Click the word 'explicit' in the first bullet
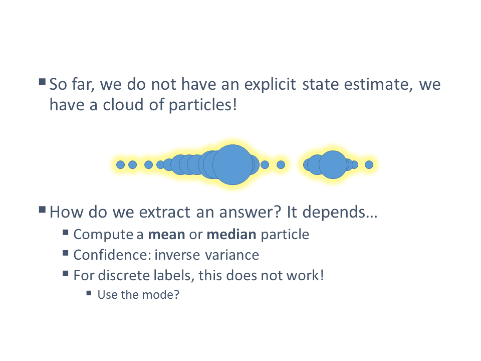pos(270,84)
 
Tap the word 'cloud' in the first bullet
pos(123,105)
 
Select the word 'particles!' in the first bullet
pos(203,105)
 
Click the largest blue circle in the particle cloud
pos(232,164)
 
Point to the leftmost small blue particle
pos(121,165)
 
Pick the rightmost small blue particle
pos(369,165)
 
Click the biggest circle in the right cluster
pos(333,164)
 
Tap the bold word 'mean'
pos(166,235)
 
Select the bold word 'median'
pos(231,235)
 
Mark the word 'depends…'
pos(340,213)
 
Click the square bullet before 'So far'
pos(42,82)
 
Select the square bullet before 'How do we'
pos(42,210)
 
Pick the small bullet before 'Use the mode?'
pos(89,293)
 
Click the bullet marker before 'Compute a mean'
pos(65,232)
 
